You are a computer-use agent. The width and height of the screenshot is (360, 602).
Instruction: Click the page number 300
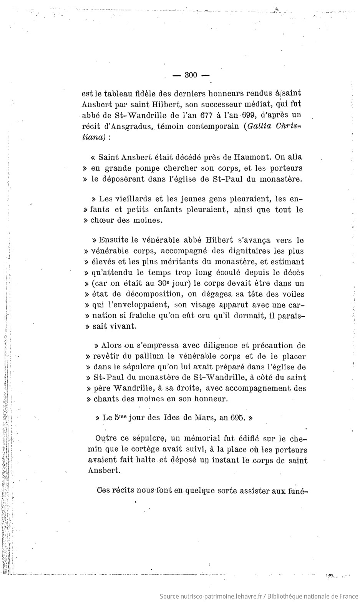click(x=191, y=75)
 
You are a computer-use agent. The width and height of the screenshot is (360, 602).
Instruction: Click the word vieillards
click(x=132, y=199)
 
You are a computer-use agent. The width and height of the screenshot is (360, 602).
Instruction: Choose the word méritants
click(x=169, y=262)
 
